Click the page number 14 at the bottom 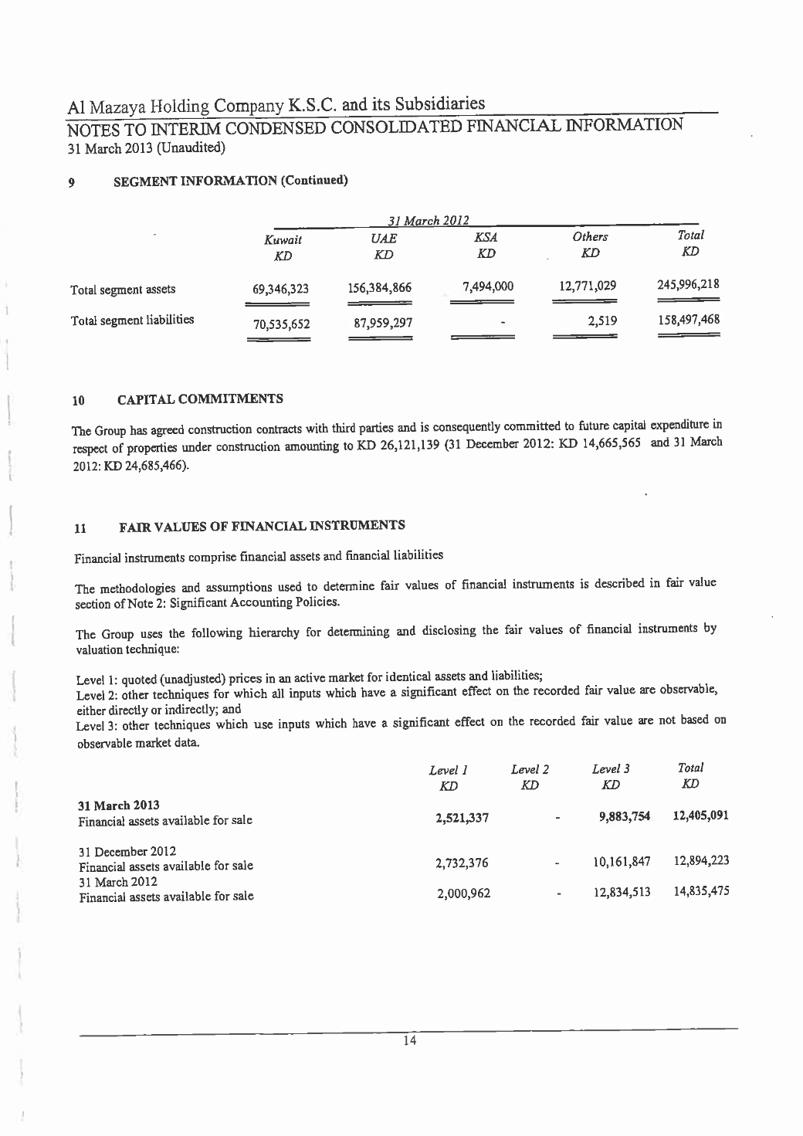pyautogui.click(x=410, y=1040)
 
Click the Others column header pyautogui.click(x=591, y=236)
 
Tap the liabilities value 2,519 pyautogui.click(x=601, y=320)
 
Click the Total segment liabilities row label pyautogui.click(x=132, y=320)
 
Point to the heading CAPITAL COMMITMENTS pyautogui.click(x=200, y=399)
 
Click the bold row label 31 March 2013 pyautogui.click(x=112, y=806)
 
